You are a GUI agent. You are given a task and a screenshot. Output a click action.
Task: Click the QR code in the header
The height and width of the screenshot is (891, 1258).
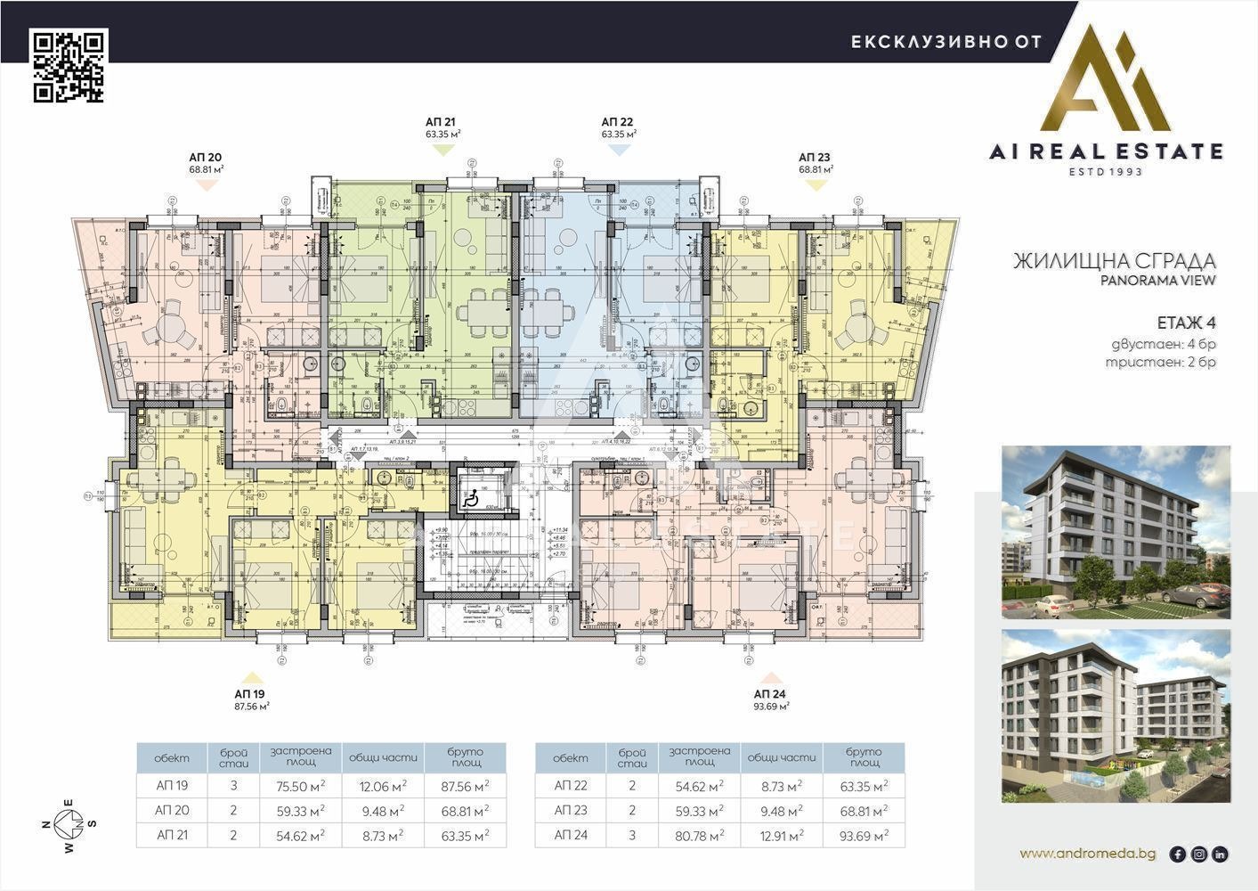(x=69, y=66)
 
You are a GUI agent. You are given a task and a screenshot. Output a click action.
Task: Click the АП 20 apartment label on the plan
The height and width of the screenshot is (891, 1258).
(x=205, y=157)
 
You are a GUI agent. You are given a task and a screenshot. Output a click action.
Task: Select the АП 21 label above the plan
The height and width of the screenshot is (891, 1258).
(x=442, y=121)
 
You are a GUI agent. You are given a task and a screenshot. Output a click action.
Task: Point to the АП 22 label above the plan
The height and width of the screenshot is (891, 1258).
(x=617, y=121)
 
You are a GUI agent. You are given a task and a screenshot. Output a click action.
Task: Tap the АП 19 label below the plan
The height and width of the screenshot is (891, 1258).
(x=250, y=693)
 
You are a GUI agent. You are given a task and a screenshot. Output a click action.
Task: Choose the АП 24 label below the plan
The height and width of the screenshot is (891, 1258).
(x=769, y=693)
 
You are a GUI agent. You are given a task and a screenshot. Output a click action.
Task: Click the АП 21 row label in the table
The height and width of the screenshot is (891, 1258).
(x=172, y=836)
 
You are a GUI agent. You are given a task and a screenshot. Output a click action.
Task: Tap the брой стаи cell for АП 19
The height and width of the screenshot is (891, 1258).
(x=233, y=786)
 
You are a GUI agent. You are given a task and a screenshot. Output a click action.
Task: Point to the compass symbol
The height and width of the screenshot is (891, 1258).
(x=69, y=823)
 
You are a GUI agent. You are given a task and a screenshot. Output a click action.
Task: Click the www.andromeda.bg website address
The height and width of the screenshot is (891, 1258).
(x=1088, y=854)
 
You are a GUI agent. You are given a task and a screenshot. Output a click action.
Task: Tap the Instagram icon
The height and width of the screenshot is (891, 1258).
(x=1199, y=854)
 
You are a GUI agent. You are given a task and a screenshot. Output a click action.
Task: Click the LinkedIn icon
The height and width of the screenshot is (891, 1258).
(x=1220, y=854)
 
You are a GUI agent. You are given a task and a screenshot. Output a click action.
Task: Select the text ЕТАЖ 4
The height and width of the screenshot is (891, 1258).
(x=1186, y=322)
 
